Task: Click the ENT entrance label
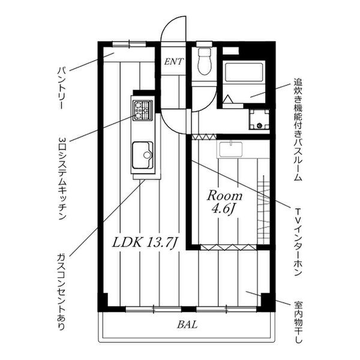point(174,62)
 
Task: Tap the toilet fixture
point(204,61)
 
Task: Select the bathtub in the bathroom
point(244,73)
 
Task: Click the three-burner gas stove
point(143,110)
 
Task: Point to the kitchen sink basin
point(142,155)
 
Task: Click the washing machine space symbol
point(259,119)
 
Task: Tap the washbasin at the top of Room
point(230,149)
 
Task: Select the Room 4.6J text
point(224,202)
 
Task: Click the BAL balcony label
point(187,325)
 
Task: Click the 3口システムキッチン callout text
point(62,178)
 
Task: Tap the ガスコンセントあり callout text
point(61,292)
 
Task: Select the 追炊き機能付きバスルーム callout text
point(298,130)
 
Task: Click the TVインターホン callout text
point(298,242)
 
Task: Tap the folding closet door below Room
point(228,247)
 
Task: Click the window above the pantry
point(129,44)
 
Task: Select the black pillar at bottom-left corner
point(103,302)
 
